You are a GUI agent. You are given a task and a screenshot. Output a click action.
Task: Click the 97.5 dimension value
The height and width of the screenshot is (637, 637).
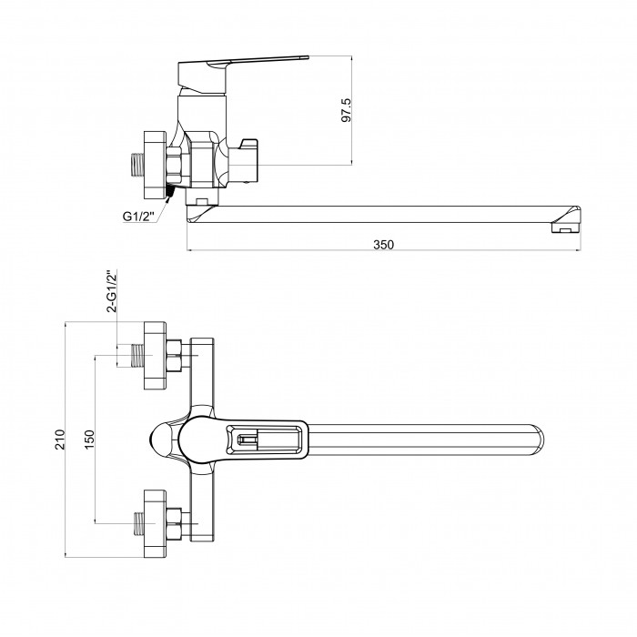pos(346,110)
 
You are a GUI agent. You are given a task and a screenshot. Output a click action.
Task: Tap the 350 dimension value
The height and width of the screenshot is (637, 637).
pos(383,245)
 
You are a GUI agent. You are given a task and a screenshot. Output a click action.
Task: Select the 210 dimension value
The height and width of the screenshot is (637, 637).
pos(60,440)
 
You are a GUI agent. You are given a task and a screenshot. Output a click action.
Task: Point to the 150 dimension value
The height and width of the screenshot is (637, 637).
pos(89,440)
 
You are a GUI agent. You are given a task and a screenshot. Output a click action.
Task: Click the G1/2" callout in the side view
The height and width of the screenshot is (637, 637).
pos(139,217)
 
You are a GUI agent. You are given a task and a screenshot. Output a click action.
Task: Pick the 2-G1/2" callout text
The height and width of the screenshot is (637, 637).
pos(112,291)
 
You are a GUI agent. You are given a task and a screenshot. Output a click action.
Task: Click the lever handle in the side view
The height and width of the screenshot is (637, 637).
pos(243,76)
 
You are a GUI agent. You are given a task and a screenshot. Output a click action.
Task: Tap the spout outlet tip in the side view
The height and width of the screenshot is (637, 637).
pos(566,221)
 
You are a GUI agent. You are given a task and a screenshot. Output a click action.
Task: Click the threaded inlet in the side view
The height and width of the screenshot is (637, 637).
pos(137,165)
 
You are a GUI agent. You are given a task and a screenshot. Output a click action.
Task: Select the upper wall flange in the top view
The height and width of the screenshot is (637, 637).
pos(156,356)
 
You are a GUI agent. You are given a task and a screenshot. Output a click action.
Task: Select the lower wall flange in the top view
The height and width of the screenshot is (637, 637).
pos(156,523)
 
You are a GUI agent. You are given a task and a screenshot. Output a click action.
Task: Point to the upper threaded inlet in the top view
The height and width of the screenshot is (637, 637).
pos(138,356)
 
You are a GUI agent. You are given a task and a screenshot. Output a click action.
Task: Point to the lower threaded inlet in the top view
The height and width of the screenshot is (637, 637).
pos(139,523)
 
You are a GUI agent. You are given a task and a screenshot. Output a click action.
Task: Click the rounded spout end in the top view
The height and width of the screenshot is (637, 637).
pos(537,440)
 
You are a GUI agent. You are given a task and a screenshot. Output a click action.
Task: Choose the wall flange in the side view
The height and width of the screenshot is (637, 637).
pos(156,165)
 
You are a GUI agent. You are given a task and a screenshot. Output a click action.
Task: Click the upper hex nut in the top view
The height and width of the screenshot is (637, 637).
pos(174,356)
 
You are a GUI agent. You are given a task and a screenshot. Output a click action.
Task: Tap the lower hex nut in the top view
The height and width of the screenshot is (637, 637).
pos(174,523)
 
